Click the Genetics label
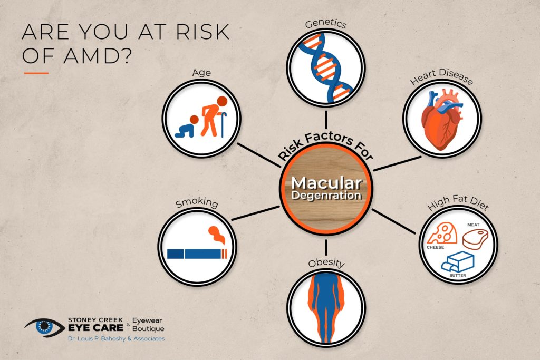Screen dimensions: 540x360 point(325,23)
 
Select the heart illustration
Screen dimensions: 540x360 point(442,120)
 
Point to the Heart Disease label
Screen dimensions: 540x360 point(441,77)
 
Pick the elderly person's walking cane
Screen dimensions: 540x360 point(223,124)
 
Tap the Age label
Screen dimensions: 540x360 point(201,73)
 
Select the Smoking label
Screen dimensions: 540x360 point(197,203)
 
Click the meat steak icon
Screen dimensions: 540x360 point(475,239)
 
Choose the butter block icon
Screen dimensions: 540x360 point(458,262)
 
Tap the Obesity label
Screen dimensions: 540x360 point(326,263)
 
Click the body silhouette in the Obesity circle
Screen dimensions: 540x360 point(326,308)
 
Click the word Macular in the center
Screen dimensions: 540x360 point(326,183)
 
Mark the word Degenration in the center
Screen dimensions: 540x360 point(326,196)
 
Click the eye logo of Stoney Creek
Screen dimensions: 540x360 point(44,327)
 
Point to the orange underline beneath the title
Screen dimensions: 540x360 point(36,73)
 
